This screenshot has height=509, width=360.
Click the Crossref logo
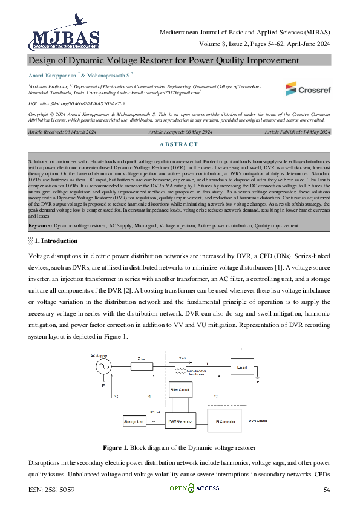(x=309, y=89)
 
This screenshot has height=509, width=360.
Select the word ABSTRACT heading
(x=180, y=144)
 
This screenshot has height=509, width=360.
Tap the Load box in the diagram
(x=242, y=368)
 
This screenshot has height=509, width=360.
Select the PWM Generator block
(x=180, y=420)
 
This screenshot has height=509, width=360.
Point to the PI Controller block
(x=226, y=420)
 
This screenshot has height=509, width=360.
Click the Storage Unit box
(x=134, y=420)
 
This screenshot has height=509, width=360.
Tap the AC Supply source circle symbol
(x=102, y=366)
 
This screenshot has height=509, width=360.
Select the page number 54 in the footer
(x=327, y=490)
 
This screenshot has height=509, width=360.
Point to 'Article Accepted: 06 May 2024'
(x=180, y=132)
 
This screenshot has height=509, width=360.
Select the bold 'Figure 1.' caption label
(x=119, y=447)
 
